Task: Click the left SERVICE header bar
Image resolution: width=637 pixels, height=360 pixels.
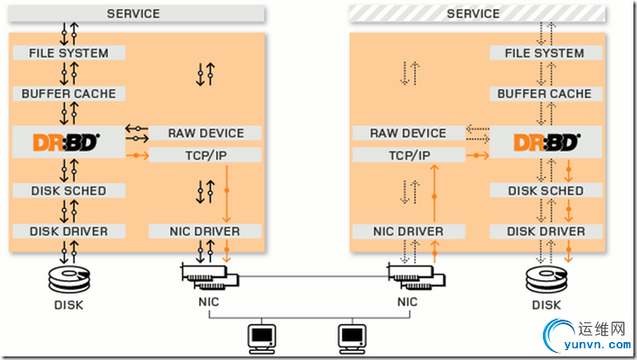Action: coord(133,13)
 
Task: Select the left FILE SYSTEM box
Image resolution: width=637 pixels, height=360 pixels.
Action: coord(68,53)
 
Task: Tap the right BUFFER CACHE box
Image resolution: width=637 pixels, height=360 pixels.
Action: coord(544,93)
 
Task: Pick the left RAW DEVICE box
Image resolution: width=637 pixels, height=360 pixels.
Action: coord(205,133)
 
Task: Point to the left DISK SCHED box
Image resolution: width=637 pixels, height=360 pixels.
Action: coord(68,190)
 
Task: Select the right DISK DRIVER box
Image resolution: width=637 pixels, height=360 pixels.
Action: coord(544,232)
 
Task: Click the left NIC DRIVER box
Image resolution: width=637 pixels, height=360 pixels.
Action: coord(205,232)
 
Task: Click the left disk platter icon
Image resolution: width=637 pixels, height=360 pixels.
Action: coord(68,273)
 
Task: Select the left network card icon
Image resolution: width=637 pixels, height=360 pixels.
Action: coord(208,274)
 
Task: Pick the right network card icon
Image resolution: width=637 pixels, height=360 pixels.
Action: coord(408,274)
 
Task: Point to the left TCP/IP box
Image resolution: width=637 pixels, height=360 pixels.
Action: coord(205,155)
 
